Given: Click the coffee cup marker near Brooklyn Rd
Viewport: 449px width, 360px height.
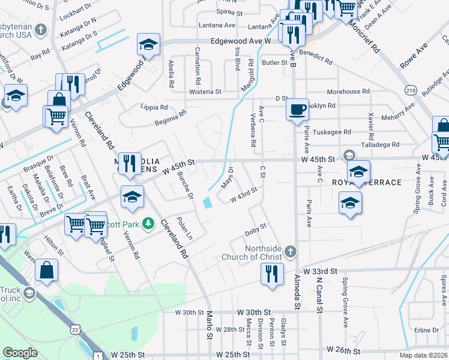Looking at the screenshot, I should (x=297, y=110).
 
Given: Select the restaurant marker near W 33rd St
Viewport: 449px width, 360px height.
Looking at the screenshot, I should (x=272, y=274).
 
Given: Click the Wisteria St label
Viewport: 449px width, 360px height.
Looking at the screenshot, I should (x=205, y=92).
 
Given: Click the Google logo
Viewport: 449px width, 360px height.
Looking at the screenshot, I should (x=20, y=353).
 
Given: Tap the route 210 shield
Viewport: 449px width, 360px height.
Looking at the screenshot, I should (x=411, y=89).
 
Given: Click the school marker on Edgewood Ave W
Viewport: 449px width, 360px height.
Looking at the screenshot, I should (x=148, y=44).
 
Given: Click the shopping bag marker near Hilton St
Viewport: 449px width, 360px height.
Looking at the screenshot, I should (x=47, y=271).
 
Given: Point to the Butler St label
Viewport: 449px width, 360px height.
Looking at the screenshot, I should (x=275, y=62).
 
